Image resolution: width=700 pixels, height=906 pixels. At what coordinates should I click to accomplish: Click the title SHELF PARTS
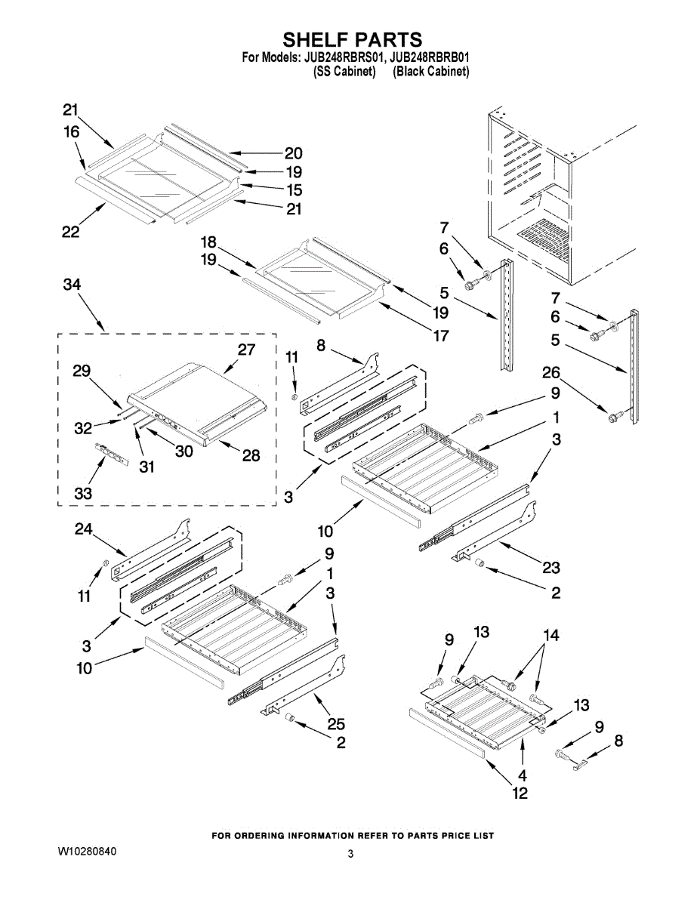(352, 39)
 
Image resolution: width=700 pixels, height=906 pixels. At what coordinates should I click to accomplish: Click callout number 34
(73, 285)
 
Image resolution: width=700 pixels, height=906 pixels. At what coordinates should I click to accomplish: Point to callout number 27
(246, 350)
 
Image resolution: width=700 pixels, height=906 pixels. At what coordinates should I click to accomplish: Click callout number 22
(70, 232)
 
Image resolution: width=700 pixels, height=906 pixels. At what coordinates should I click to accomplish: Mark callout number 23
(551, 569)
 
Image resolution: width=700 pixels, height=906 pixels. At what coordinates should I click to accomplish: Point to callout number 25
(336, 725)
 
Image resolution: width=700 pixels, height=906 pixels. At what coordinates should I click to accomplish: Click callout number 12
(520, 793)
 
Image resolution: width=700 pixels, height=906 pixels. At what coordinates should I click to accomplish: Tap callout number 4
(522, 775)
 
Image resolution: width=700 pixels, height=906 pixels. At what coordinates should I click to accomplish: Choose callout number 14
(551, 636)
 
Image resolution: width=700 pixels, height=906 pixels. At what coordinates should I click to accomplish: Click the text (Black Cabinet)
(431, 72)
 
